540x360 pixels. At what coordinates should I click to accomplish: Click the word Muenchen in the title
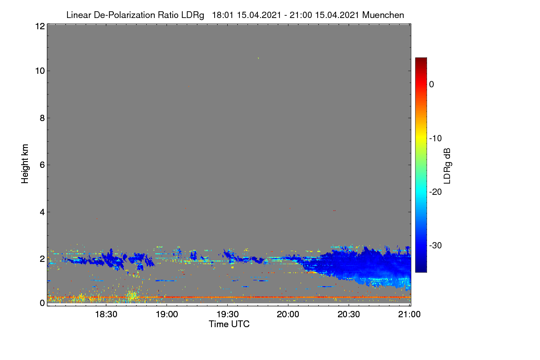tap(383, 15)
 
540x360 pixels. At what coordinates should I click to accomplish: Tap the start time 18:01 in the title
tap(223, 15)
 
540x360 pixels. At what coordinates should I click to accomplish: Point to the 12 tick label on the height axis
tap(40, 26)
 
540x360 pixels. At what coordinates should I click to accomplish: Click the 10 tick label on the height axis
tap(40, 71)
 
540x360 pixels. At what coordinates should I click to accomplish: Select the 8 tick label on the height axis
tap(42, 118)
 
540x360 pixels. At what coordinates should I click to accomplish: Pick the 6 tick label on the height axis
tap(42, 165)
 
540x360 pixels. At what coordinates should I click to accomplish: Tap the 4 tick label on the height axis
tap(42, 212)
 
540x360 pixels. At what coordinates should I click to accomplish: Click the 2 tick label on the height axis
tap(42, 259)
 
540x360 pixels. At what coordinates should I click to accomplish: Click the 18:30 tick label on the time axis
tap(106, 314)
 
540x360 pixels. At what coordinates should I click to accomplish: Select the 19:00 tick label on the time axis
tap(167, 314)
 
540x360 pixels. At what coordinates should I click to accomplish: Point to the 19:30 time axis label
tap(228, 314)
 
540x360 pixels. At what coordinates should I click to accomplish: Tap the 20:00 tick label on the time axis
tap(288, 314)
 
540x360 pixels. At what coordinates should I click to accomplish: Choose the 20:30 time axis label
tap(349, 314)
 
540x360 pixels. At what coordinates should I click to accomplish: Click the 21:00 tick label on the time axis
tap(409, 314)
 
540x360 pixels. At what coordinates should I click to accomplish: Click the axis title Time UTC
tap(229, 324)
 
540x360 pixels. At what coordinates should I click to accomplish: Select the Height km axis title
tap(25, 164)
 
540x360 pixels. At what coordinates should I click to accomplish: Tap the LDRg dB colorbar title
tap(447, 166)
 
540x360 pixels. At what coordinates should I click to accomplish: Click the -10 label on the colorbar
tap(436, 139)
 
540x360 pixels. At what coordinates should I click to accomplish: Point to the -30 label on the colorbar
tap(436, 245)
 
